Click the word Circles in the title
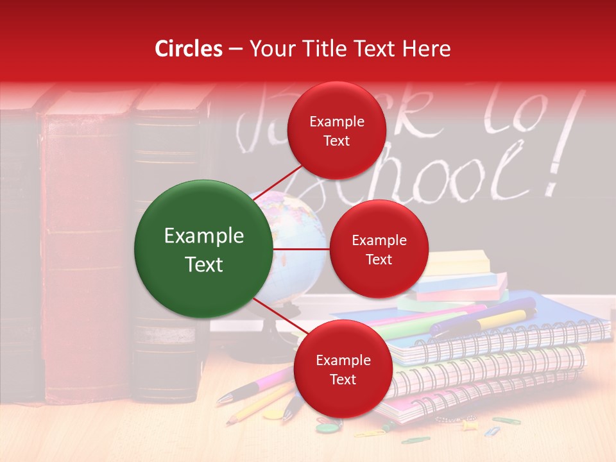pyautogui.click(x=188, y=49)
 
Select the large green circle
pyautogui.click(x=204, y=250)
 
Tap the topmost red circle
pyautogui.click(x=336, y=130)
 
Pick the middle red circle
pyautogui.click(x=379, y=249)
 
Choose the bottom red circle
pyautogui.click(x=343, y=369)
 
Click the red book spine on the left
pyautogui.click(x=83, y=250)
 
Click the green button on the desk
pyautogui.click(x=325, y=428)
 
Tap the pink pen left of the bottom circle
pyautogui.click(x=257, y=385)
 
